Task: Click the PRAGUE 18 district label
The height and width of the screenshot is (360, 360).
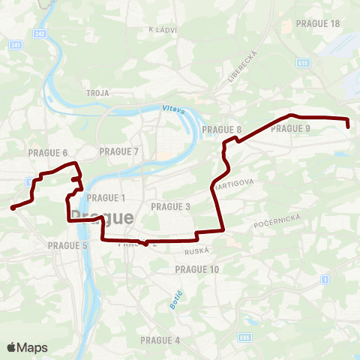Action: pos(318,23)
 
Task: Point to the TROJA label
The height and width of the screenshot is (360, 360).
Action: pos(98,93)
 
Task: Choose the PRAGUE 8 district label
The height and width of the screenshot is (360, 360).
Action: pos(222,130)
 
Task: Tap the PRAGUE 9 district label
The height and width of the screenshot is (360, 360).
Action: pos(291,129)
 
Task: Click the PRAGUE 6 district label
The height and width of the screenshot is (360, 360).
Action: pos(48,152)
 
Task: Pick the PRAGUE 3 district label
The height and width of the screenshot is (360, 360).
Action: pos(171,206)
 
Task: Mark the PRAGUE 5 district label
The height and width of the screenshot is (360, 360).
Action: pos(67,245)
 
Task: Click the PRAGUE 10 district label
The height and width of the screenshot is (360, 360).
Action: pos(197,268)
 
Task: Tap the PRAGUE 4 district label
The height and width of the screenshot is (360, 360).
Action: pos(160,340)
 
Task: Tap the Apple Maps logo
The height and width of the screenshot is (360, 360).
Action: pos(27,347)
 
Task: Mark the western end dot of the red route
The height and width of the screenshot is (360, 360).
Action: pos(13,208)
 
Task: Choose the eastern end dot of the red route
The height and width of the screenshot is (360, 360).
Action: pos(349,127)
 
